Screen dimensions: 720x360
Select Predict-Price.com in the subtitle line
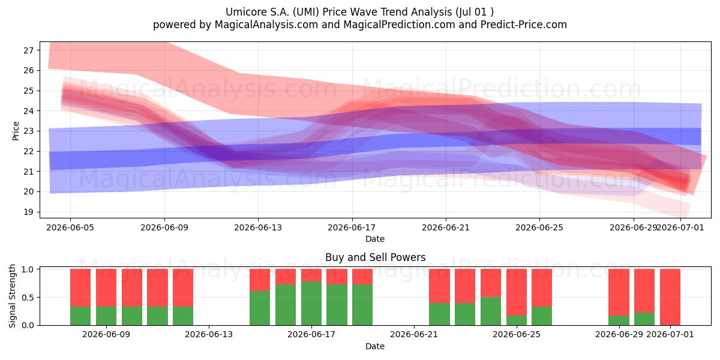pos(524,25)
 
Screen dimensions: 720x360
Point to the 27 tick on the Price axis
pos(28,50)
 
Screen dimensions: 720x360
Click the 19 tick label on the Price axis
pos(28,212)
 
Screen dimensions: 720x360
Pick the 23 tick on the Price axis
pos(28,131)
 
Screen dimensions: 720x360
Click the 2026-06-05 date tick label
pos(70,227)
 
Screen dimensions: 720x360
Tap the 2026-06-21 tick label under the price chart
pos(445,227)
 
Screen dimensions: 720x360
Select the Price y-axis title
pos(16,131)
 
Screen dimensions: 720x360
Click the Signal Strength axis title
pos(12,296)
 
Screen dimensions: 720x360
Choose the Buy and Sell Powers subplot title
pos(375,257)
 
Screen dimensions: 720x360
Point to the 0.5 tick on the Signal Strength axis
pos(28,298)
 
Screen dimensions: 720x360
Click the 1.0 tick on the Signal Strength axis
pos(28,269)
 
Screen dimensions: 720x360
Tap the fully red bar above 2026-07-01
pos(670,297)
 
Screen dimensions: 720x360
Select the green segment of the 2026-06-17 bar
pos(311,303)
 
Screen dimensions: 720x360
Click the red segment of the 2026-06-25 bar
pos(517,292)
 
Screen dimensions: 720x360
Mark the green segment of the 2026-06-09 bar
pos(106,316)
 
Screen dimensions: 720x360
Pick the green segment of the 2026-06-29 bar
pos(619,320)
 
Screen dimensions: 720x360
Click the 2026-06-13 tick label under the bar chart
pos(209,334)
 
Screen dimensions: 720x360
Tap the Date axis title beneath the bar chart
pos(375,346)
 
